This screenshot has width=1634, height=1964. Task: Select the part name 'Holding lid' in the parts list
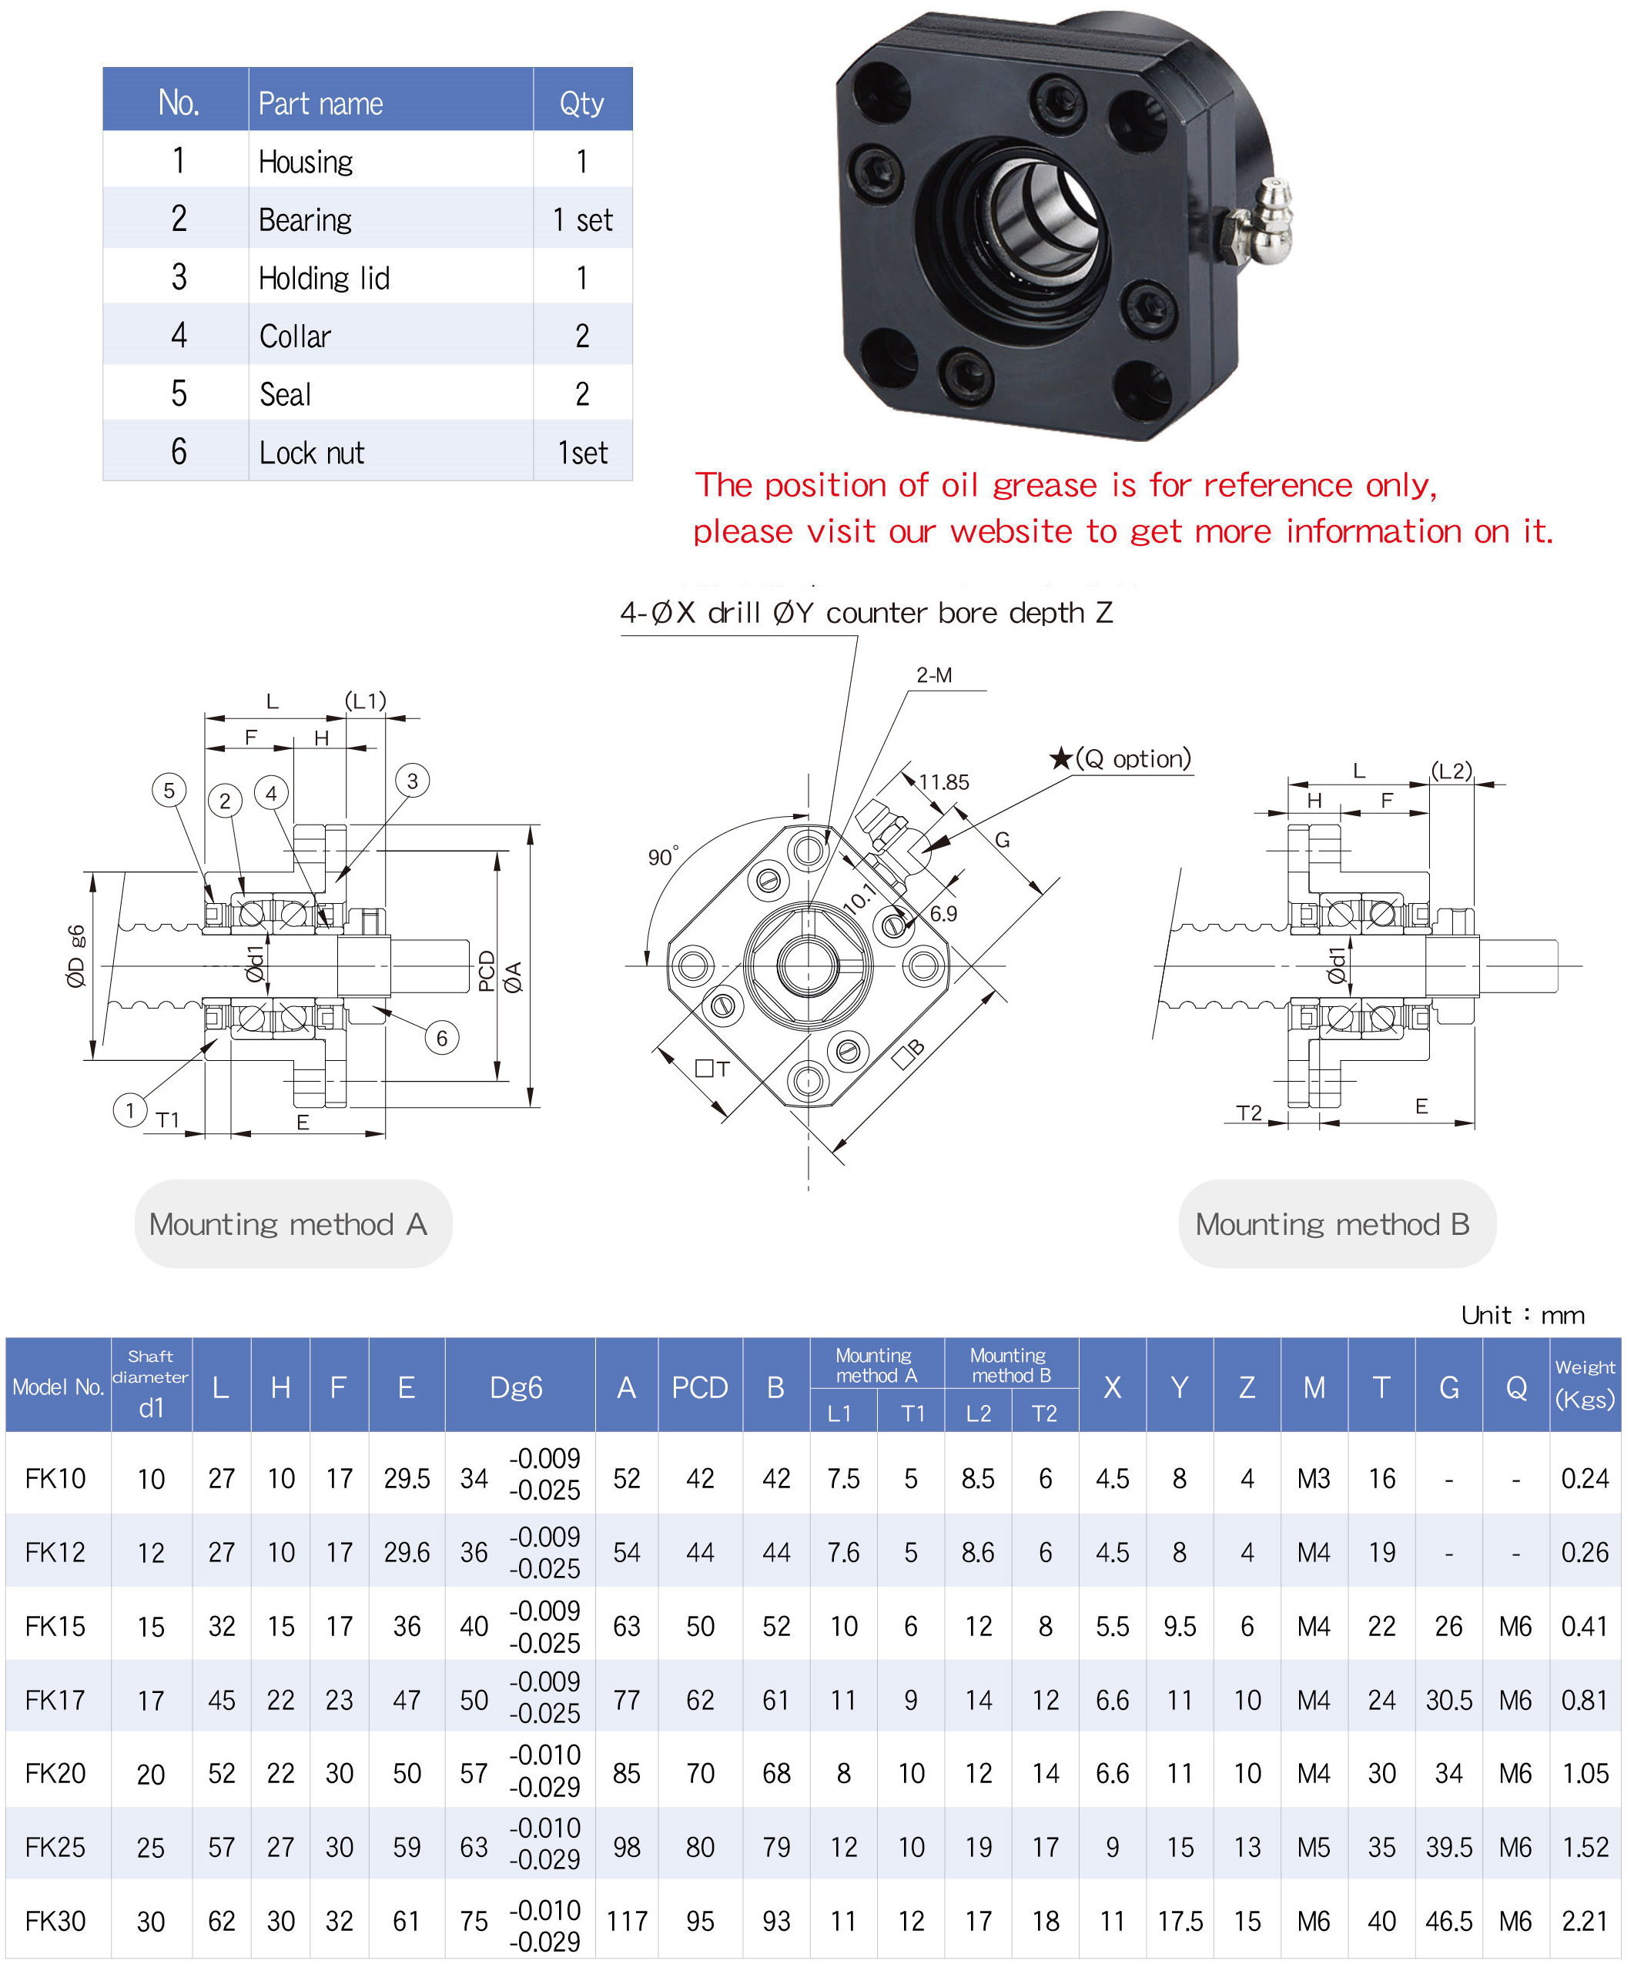(323, 278)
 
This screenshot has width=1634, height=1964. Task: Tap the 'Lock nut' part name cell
(311, 453)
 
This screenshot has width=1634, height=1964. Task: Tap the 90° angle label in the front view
(662, 857)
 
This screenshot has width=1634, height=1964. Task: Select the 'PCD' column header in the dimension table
(700, 1387)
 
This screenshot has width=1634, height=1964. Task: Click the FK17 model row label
(55, 1699)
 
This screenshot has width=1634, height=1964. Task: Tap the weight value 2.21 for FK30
(1585, 1921)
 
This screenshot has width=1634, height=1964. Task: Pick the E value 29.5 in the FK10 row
(407, 1479)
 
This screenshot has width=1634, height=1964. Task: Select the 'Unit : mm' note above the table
(1522, 1315)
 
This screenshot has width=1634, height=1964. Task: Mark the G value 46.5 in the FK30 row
(1448, 1921)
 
